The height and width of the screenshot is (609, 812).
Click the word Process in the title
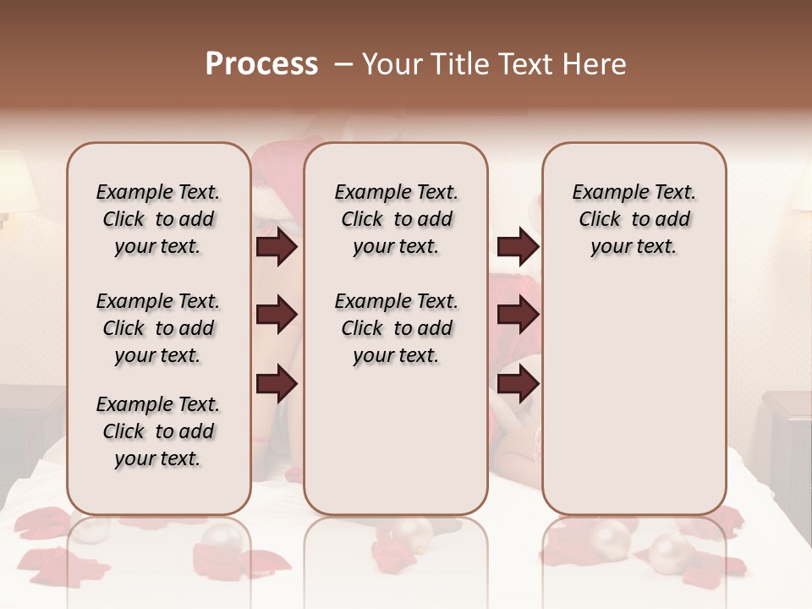click(x=261, y=64)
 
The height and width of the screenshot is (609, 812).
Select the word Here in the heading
click(x=595, y=64)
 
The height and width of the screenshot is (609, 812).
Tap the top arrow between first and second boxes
click(x=277, y=247)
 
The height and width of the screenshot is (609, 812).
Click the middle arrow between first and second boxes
click(x=277, y=315)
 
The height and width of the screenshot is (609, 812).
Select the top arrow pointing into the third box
click(x=518, y=247)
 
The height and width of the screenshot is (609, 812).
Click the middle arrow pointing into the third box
click(x=518, y=315)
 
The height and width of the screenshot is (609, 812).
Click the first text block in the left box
click(x=158, y=219)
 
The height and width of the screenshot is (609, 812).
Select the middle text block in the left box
click(x=158, y=328)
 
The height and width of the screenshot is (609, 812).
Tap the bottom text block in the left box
click(x=158, y=431)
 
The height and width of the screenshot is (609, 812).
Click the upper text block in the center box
click(x=396, y=219)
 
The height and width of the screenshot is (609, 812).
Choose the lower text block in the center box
click(x=396, y=328)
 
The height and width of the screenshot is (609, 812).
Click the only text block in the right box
click(x=634, y=219)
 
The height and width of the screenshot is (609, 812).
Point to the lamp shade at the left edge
click(x=17, y=182)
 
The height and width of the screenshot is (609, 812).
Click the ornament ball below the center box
click(x=412, y=534)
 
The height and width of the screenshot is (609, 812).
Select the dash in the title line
click(x=343, y=64)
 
